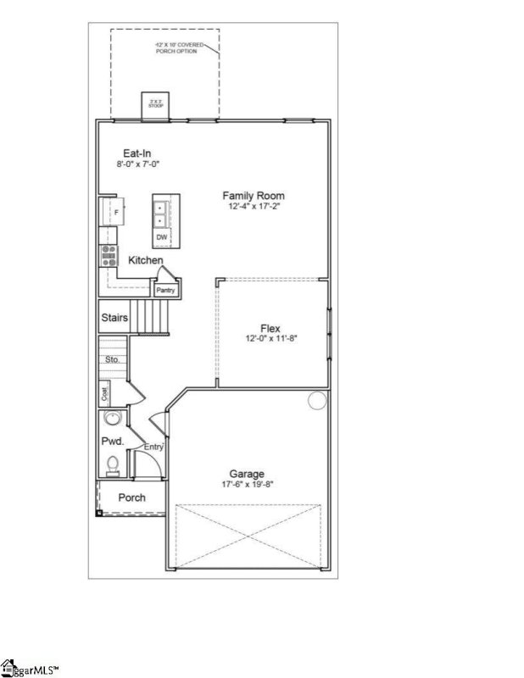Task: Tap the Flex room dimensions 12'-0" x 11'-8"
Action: pyautogui.click(x=270, y=337)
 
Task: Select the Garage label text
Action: pyautogui.click(x=247, y=474)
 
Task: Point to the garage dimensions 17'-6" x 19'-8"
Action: pyautogui.click(x=247, y=484)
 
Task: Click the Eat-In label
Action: pyautogui.click(x=137, y=153)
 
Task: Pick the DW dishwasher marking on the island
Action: pyautogui.click(x=161, y=236)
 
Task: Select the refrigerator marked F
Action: pyautogui.click(x=113, y=210)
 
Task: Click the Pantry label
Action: pyautogui.click(x=165, y=291)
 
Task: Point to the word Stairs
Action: pyautogui.click(x=114, y=318)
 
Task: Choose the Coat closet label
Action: pyautogui.click(x=106, y=392)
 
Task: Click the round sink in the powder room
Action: pyautogui.click(x=112, y=420)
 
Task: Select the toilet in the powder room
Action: pyautogui.click(x=112, y=464)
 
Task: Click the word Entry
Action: pyautogui.click(x=153, y=447)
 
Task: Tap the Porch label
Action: pyautogui.click(x=131, y=497)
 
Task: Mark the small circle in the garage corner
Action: pyautogui.click(x=316, y=400)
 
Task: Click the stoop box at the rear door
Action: pyautogui.click(x=156, y=103)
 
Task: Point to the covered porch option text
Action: pyautogui.click(x=179, y=47)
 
